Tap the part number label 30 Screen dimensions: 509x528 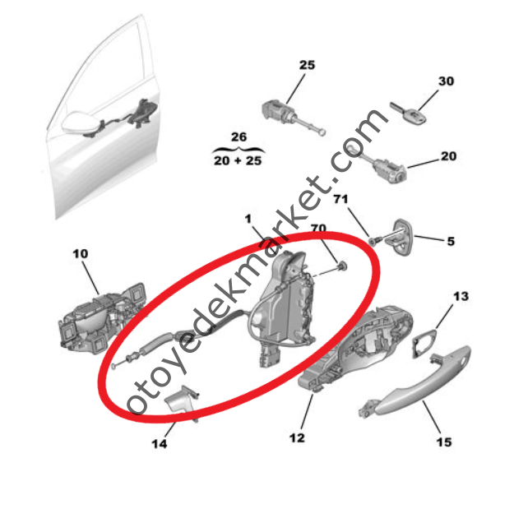[x=446, y=81]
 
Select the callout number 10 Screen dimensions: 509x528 [x=80, y=254]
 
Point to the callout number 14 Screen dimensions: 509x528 [x=160, y=444]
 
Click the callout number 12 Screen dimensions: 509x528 [x=297, y=437]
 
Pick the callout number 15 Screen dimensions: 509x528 [x=443, y=442]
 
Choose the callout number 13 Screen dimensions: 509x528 [x=461, y=295]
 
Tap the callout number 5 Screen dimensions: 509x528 [x=450, y=242]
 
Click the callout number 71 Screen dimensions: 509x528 [x=340, y=200]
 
